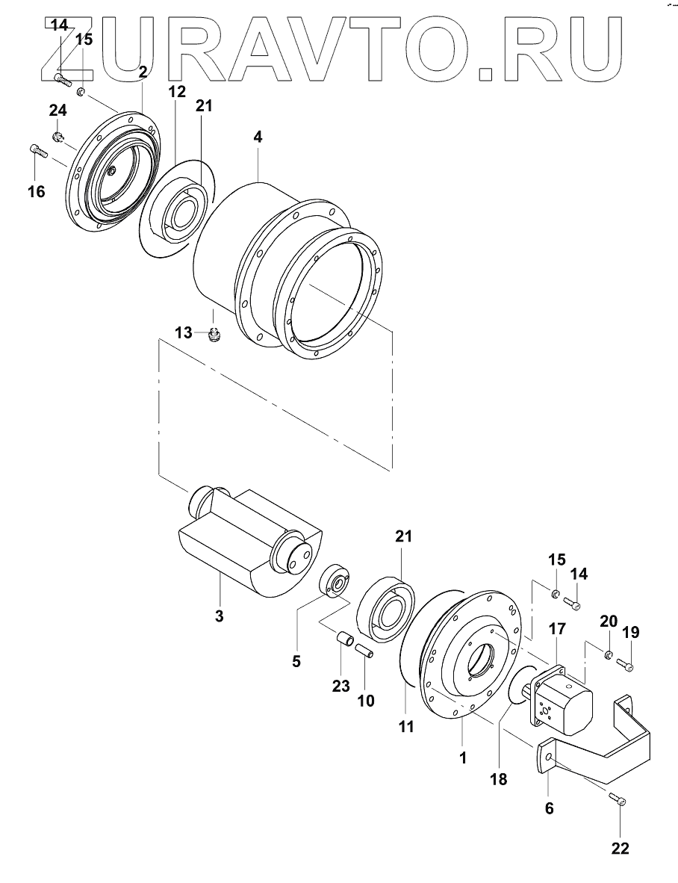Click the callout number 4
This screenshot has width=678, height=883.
pos(257,137)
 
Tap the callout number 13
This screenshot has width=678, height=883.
pos(184,332)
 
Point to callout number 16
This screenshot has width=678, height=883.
pos(35,191)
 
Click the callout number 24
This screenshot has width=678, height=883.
pos(57,111)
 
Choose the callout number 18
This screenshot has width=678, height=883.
pos(498,779)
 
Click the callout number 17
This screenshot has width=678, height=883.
pos(557,629)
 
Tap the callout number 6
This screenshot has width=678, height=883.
pos(549,808)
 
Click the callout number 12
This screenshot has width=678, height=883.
pos(175,92)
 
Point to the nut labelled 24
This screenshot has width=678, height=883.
pos(57,137)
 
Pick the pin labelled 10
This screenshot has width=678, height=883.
pos(364,651)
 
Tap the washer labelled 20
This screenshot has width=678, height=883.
pos(609,656)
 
